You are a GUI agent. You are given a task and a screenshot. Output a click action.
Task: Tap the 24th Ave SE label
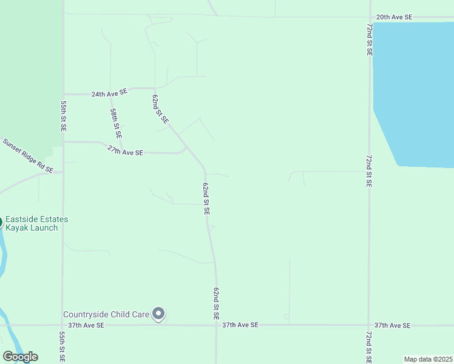(x=109, y=93)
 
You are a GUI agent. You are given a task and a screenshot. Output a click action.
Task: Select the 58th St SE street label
(x=116, y=123)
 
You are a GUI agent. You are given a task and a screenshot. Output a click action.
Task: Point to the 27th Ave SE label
(x=125, y=152)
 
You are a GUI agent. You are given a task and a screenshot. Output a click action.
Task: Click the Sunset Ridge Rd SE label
(x=28, y=155)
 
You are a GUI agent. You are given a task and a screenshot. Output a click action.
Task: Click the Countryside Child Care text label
(x=106, y=314)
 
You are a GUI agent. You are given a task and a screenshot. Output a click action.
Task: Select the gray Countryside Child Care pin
(x=159, y=314)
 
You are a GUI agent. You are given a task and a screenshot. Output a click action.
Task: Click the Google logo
(x=20, y=357)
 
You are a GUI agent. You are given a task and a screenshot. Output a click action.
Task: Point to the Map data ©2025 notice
(x=427, y=359)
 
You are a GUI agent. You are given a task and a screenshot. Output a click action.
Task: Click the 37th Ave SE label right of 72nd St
(x=392, y=326)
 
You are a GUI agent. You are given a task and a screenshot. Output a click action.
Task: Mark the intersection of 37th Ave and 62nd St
(x=216, y=325)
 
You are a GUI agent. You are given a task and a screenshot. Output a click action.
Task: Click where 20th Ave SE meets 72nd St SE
(x=370, y=17)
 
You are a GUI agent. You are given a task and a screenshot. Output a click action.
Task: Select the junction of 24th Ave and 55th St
(x=63, y=95)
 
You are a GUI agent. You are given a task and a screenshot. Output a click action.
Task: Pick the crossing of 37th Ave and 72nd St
(x=369, y=325)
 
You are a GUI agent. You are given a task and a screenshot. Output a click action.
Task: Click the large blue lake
(x=416, y=91)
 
